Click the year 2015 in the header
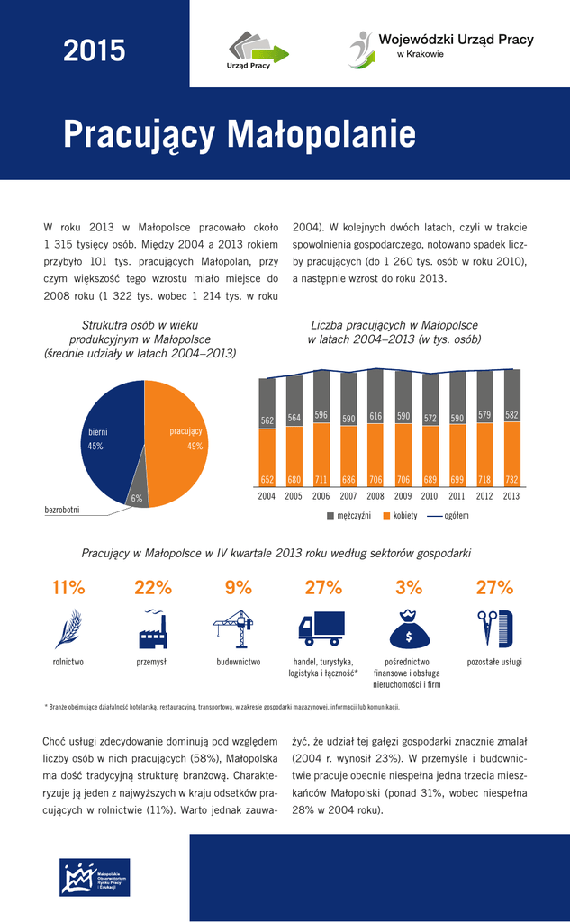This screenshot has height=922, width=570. [x=94, y=51]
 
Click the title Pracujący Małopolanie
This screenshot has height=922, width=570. [x=240, y=135]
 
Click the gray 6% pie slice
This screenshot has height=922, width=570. [x=136, y=492]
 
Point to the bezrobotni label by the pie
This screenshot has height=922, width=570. [x=62, y=511]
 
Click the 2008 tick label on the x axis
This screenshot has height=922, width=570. [x=375, y=496]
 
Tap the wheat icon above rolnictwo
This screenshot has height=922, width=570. [x=68, y=628]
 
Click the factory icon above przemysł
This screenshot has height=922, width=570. [x=152, y=628]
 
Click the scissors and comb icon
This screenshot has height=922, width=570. [x=494, y=628]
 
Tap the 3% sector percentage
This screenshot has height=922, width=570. [x=409, y=588]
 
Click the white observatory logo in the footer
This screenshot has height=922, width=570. [x=95, y=877]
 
